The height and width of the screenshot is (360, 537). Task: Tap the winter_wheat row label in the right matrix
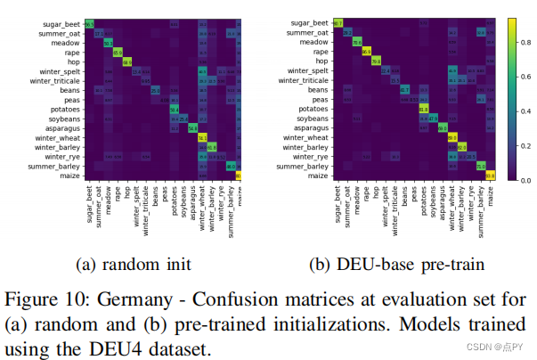pyautogui.click(x=304, y=138)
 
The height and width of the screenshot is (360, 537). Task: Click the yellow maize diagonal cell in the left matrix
pyautogui.click(x=240, y=176)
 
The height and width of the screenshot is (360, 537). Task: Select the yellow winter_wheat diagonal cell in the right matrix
pyautogui.click(x=452, y=138)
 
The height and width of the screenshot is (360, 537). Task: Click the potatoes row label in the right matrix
pyautogui.click(x=310, y=110)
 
